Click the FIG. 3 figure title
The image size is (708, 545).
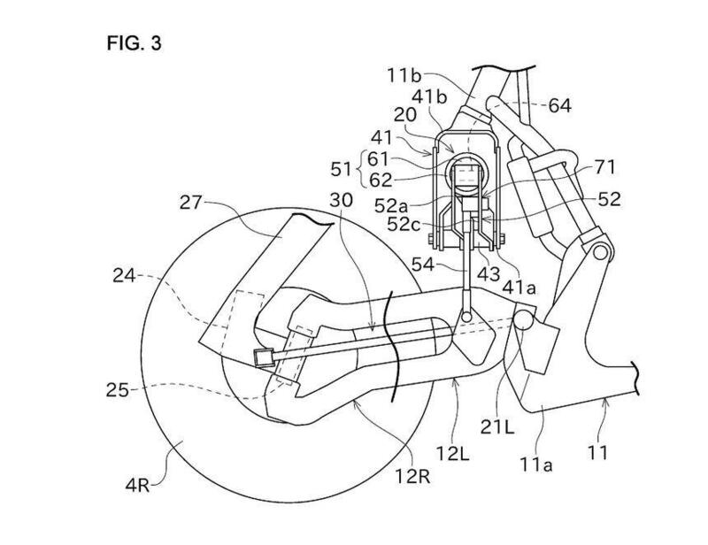(134, 43)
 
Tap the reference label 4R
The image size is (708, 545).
(138, 486)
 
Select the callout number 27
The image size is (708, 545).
(190, 203)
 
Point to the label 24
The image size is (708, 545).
(124, 275)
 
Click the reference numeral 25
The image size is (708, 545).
(118, 389)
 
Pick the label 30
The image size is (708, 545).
(342, 200)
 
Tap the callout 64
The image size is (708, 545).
(560, 105)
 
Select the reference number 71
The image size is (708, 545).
(604, 167)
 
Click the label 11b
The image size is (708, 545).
(404, 75)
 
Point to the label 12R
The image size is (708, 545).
(412, 476)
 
